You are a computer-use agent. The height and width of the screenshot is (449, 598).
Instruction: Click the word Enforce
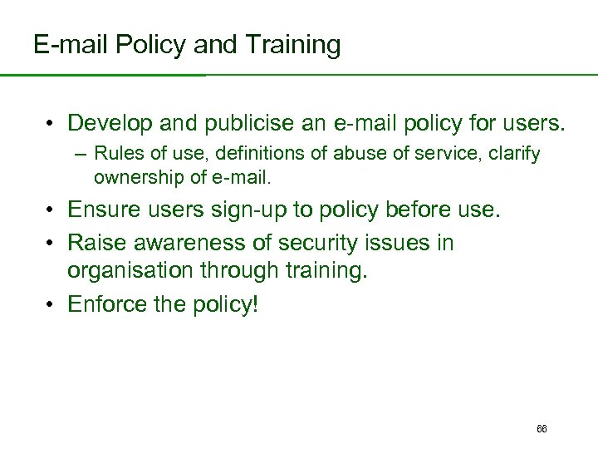tap(105, 304)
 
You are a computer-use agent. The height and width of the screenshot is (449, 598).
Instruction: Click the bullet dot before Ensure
tap(51, 210)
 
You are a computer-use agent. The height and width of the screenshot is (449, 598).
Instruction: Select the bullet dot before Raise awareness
tap(51, 244)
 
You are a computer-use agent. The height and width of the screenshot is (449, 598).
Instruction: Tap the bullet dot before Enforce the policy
tap(51, 305)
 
